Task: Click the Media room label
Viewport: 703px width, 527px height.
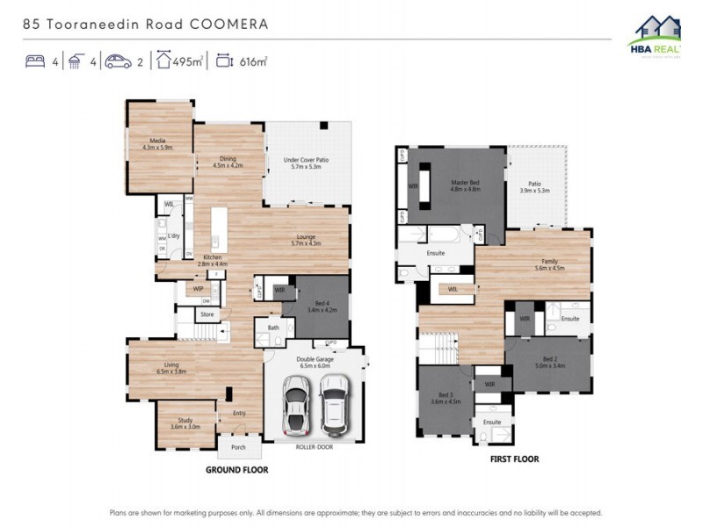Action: tap(158, 143)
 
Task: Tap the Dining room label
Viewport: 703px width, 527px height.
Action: tap(227, 162)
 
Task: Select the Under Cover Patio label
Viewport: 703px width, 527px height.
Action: tap(306, 163)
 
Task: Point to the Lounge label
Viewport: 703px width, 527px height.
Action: tap(306, 239)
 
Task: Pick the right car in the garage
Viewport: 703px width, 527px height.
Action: tap(334, 404)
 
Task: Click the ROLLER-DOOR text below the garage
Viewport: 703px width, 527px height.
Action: tap(314, 446)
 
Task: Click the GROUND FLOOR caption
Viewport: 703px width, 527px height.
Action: tap(236, 470)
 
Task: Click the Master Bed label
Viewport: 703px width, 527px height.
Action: tap(466, 185)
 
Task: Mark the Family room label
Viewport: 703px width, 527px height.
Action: tap(549, 264)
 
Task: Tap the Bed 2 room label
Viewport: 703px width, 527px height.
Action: tap(549, 362)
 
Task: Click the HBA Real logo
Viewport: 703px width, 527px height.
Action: tap(654, 35)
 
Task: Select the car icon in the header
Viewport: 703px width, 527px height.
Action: tap(118, 61)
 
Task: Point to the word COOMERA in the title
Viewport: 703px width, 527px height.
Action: tap(229, 24)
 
